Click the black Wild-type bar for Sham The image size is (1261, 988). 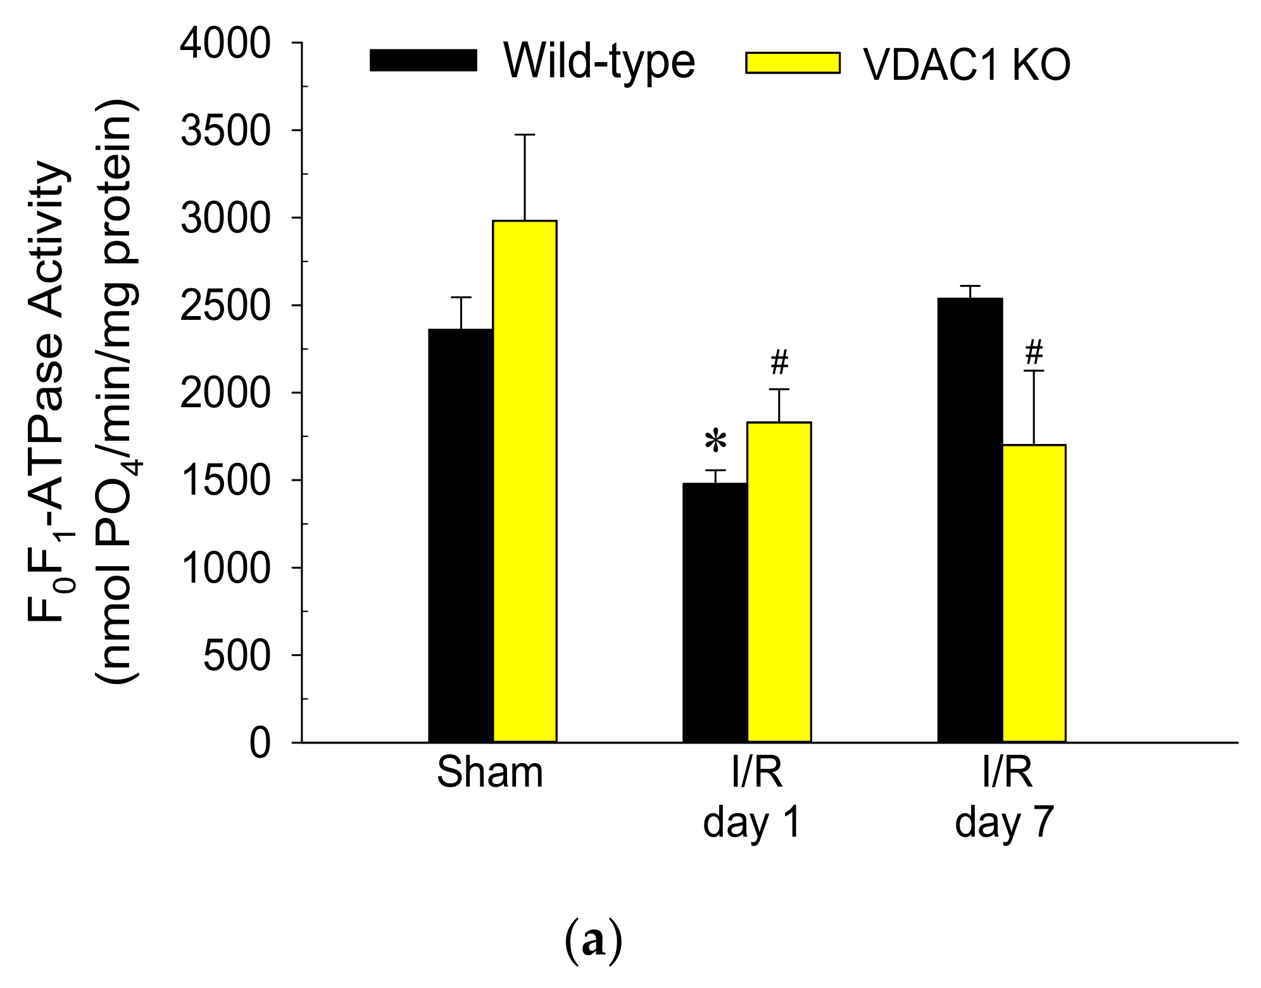[460, 535]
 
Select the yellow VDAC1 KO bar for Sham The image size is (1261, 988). [525, 481]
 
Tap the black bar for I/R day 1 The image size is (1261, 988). [715, 612]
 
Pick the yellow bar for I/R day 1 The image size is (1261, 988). [779, 581]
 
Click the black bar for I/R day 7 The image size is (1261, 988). [970, 519]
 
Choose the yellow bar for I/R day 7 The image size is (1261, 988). [1034, 593]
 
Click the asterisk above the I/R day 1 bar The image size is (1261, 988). [715, 441]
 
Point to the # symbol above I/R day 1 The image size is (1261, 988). [779, 362]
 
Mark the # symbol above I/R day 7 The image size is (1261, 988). [1034, 351]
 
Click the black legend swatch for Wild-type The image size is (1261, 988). [423, 60]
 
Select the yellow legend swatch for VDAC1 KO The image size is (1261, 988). [793, 63]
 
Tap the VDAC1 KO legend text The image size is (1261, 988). [967, 65]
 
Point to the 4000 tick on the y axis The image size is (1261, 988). [225, 44]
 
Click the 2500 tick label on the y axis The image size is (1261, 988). [225, 306]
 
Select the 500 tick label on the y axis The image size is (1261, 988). [236, 655]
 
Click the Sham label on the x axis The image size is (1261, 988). [490, 773]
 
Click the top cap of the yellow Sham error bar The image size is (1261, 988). [525, 135]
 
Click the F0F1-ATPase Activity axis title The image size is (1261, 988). [47, 393]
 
